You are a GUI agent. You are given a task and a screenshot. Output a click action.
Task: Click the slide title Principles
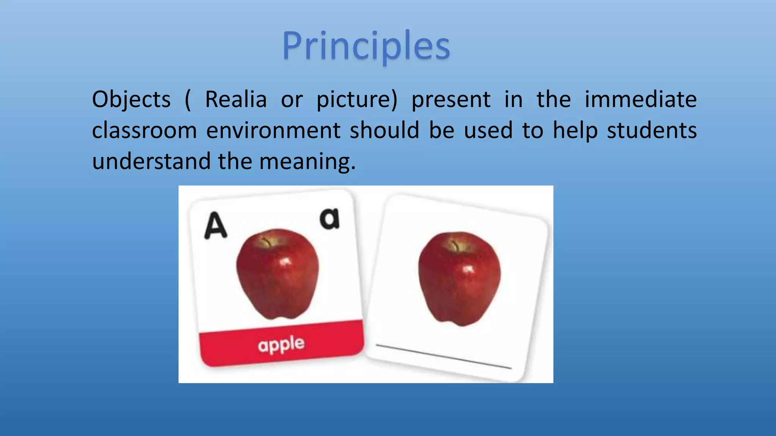[366, 46]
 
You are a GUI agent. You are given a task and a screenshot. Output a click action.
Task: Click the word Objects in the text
[131, 100]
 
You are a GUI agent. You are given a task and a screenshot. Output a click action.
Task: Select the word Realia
[236, 100]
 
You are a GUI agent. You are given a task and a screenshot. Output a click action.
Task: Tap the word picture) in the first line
[357, 100]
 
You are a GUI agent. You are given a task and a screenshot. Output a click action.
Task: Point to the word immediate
[640, 100]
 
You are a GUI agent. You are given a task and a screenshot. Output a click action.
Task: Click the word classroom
[144, 131]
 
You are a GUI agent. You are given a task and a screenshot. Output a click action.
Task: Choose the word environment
[273, 131]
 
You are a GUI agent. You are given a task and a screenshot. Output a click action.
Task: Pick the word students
[652, 131]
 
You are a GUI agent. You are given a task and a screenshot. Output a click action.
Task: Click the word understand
[151, 162]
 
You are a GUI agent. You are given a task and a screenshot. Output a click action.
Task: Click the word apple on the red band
[281, 345]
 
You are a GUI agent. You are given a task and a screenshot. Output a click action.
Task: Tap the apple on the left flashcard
[277, 274]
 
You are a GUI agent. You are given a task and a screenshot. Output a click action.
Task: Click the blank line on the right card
[443, 356]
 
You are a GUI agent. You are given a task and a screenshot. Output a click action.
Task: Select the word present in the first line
[451, 100]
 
